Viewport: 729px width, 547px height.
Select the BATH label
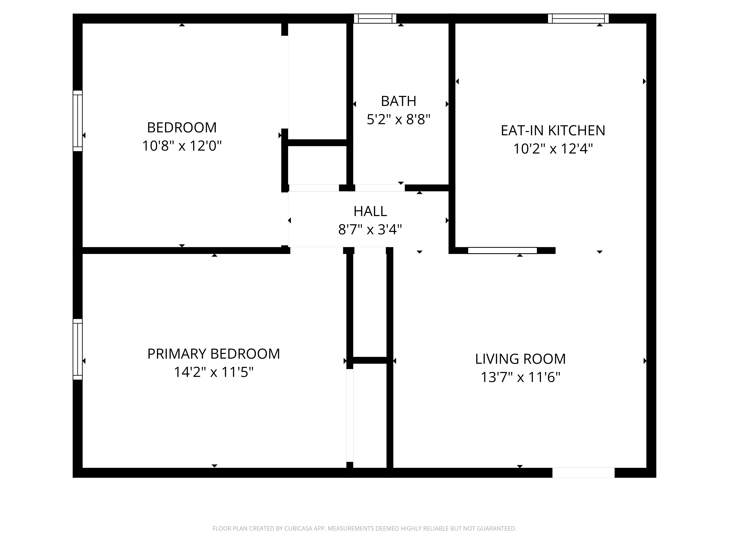(x=398, y=101)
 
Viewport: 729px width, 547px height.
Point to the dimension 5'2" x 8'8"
(x=398, y=119)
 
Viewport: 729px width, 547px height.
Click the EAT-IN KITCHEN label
(x=553, y=131)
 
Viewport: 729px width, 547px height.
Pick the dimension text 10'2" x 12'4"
(x=553, y=149)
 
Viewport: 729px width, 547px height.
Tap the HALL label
(x=370, y=211)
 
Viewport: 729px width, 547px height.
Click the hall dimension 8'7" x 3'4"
(x=370, y=230)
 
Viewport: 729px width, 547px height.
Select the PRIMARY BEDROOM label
(x=214, y=354)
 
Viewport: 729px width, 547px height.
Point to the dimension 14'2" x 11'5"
(x=214, y=372)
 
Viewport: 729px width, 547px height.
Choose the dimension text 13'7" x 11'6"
(x=520, y=377)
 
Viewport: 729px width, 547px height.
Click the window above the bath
(x=375, y=18)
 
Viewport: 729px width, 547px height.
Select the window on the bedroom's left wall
(x=77, y=121)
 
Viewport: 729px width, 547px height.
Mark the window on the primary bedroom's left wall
(x=77, y=349)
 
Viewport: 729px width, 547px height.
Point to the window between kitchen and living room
(x=502, y=251)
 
